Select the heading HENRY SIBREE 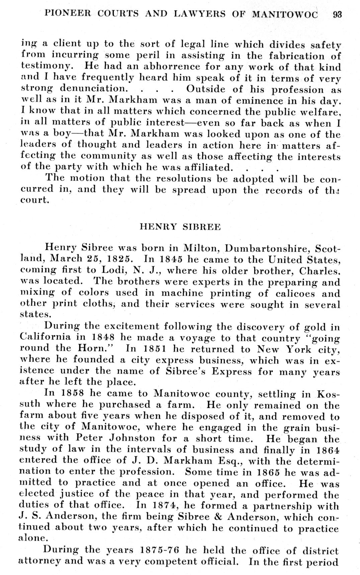[180, 227]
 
